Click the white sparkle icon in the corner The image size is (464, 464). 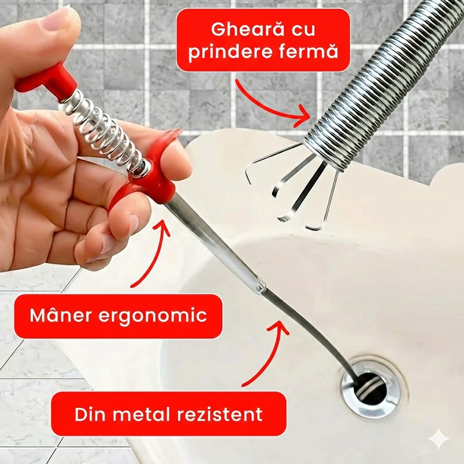pyautogui.click(x=439, y=439)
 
